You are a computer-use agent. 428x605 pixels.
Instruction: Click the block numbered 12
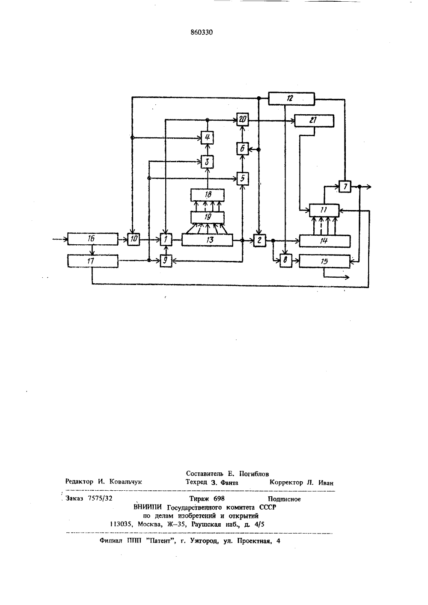[x=291, y=98]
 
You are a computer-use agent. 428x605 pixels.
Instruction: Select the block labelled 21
[x=314, y=121]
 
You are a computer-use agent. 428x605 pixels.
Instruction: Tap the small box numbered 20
[x=242, y=119]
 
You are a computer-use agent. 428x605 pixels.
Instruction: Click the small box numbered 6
[x=242, y=148]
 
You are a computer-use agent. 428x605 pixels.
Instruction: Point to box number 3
[x=208, y=162]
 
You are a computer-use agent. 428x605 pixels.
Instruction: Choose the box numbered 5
[x=242, y=178]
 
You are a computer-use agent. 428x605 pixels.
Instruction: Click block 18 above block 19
[x=208, y=195]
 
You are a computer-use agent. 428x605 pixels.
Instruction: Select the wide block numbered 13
[x=207, y=240]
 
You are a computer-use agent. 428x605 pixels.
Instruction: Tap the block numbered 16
[x=93, y=239]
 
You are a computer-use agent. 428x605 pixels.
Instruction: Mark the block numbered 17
[x=93, y=261]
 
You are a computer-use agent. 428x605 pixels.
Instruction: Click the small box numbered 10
[x=134, y=239]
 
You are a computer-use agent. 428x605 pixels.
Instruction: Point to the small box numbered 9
[x=166, y=261]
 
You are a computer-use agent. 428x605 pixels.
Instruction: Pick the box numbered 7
[x=345, y=187]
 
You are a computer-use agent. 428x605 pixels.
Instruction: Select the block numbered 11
[x=324, y=210]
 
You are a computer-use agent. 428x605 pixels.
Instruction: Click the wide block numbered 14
[x=325, y=241]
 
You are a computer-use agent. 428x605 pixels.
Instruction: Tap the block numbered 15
[x=324, y=262]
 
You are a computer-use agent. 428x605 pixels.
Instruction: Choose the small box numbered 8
[x=286, y=261]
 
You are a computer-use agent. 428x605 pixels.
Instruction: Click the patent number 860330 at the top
[x=202, y=33]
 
